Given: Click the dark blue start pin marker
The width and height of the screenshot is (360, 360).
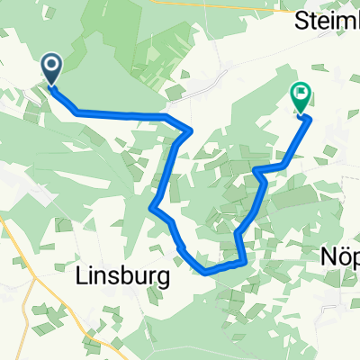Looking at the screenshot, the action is (x=51, y=67).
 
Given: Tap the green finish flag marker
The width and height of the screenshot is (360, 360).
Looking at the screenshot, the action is (x=299, y=95).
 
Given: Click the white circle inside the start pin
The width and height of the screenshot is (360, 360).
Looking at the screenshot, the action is (x=51, y=64).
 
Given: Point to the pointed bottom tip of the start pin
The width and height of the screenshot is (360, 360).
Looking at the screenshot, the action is (x=51, y=85).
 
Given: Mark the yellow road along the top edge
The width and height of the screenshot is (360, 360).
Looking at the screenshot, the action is (x=225, y=3).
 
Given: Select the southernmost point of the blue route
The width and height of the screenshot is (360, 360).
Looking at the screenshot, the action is (x=207, y=269).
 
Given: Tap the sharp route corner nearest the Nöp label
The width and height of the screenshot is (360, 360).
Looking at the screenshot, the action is (x=245, y=263).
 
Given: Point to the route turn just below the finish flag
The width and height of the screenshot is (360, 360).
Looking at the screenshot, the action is (x=309, y=118).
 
